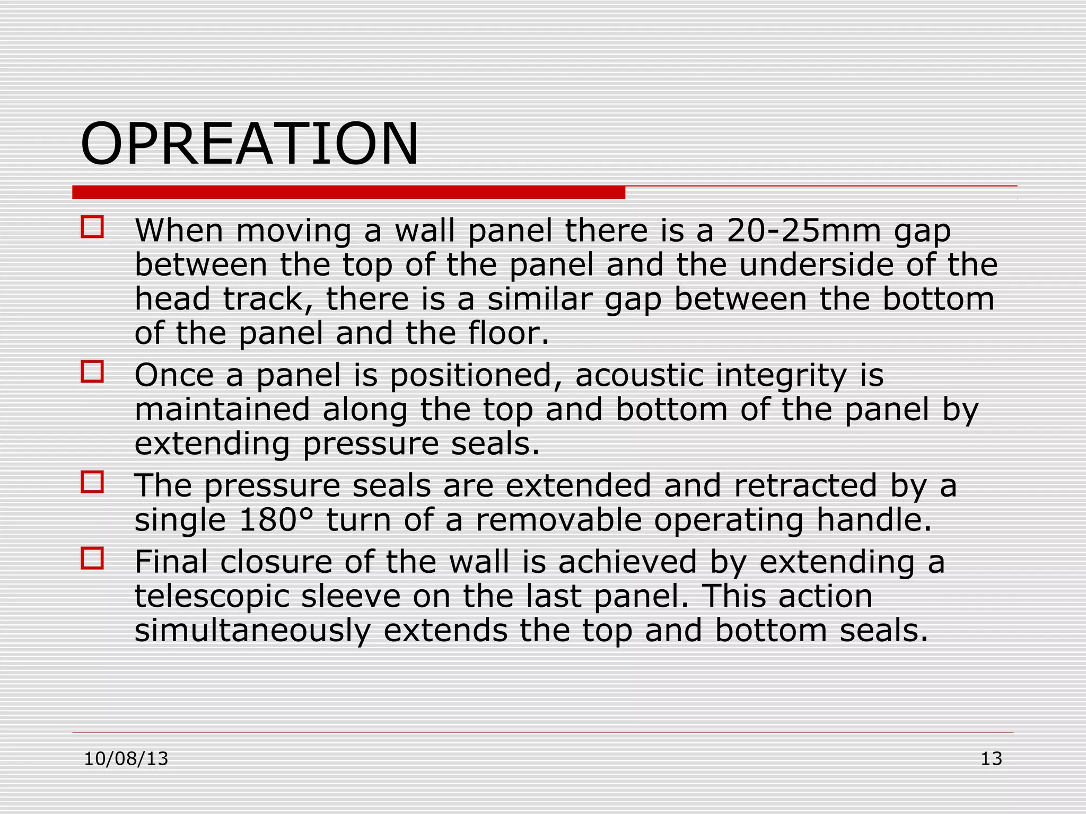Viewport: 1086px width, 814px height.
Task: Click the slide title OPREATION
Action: coord(249,144)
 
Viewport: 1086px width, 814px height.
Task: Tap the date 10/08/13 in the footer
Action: coord(126,759)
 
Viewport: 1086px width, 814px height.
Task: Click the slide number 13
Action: coord(991,759)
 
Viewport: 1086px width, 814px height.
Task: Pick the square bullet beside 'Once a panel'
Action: coord(92,371)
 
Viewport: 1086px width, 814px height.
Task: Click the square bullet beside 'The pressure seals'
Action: coord(92,482)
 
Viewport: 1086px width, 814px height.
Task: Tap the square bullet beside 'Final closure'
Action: coord(92,559)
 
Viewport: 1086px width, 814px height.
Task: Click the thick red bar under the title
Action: coord(348,192)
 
